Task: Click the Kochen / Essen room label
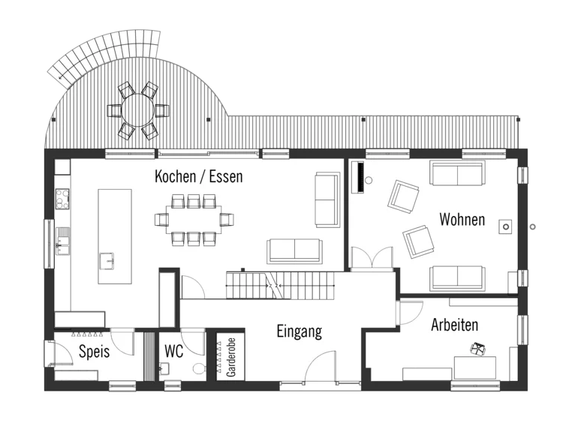(x=198, y=176)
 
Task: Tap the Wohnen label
(x=462, y=219)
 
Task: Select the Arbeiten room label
(x=454, y=325)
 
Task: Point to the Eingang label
(x=300, y=331)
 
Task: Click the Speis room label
(x=95, y=351)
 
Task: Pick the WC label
(x=174, y=351)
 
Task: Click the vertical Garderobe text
(x=230, y=358)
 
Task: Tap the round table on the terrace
(x=138, y=109)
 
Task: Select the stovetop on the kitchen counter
(x=62, y=199)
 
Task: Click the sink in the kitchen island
(x=107, y=261)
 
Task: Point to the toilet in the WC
(x=199, y=369)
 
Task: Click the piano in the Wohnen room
(x=360, y=177)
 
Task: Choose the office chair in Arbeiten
(x=477, y=349)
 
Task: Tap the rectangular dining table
(x=194, y=220)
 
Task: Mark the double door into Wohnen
(x=372, y=259)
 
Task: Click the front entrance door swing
(x=321, y=366)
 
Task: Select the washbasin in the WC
(x=164, y=369)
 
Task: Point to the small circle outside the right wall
(x=532, y=227)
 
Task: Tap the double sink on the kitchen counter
(x=63, y=241)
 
